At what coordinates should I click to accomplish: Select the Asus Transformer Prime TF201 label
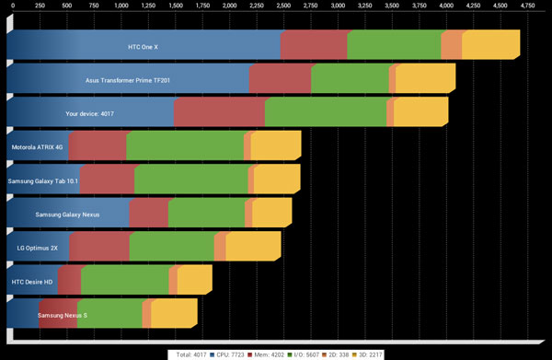coord(127,80)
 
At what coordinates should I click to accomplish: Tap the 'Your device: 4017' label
coord(89,114)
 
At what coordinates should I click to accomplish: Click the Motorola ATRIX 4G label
coord(37,146)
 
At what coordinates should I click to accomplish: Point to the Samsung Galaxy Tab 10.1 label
coord(43,180)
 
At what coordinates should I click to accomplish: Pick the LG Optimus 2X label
coord(37,248)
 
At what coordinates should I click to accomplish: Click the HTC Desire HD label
coord(31,282)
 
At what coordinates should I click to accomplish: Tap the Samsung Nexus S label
coord(63,316)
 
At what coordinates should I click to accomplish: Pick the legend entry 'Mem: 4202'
coord(279,353)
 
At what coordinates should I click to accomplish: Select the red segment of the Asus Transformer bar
coord(280,80)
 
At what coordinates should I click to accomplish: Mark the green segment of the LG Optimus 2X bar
coord(172,248)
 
